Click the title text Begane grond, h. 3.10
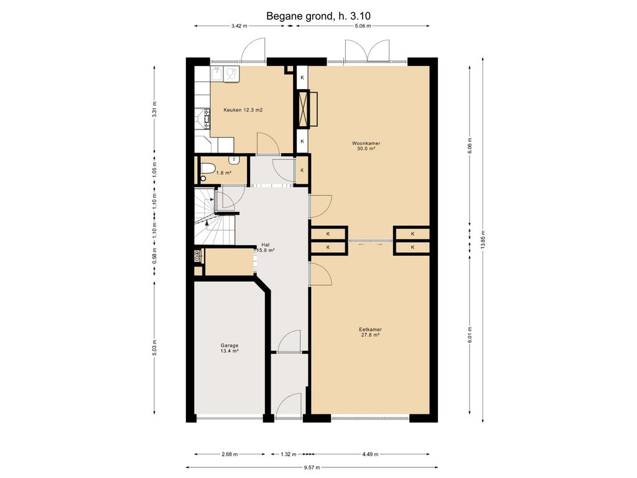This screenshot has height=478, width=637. (x=318, y=16)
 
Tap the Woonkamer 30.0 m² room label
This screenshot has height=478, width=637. (x=366, y=146)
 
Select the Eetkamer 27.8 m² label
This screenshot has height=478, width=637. (x=370, y=332)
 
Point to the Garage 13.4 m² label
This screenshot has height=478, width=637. (x=229, y=349)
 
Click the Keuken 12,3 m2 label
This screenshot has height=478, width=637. (x=243, y=110)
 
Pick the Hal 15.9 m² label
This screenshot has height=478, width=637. (x=265, y=248)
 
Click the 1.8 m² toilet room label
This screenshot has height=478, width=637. (x=223, y=173)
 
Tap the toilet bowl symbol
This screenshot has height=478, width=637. (x=207, y=168)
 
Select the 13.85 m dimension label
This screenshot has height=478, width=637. (x=483, y=240)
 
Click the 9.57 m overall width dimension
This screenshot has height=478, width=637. (x=312, y=467)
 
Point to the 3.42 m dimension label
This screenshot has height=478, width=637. (x=239, y=26)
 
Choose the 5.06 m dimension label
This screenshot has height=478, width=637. (x=363, y=26)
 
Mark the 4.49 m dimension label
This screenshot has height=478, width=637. (x=370, y=454)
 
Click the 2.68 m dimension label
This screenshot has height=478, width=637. (x=230, y=454)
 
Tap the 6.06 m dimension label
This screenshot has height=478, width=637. (x=470, y=146)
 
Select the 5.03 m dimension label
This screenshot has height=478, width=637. (x=154, y=347)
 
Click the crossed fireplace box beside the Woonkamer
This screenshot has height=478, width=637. (x=303, y=109)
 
